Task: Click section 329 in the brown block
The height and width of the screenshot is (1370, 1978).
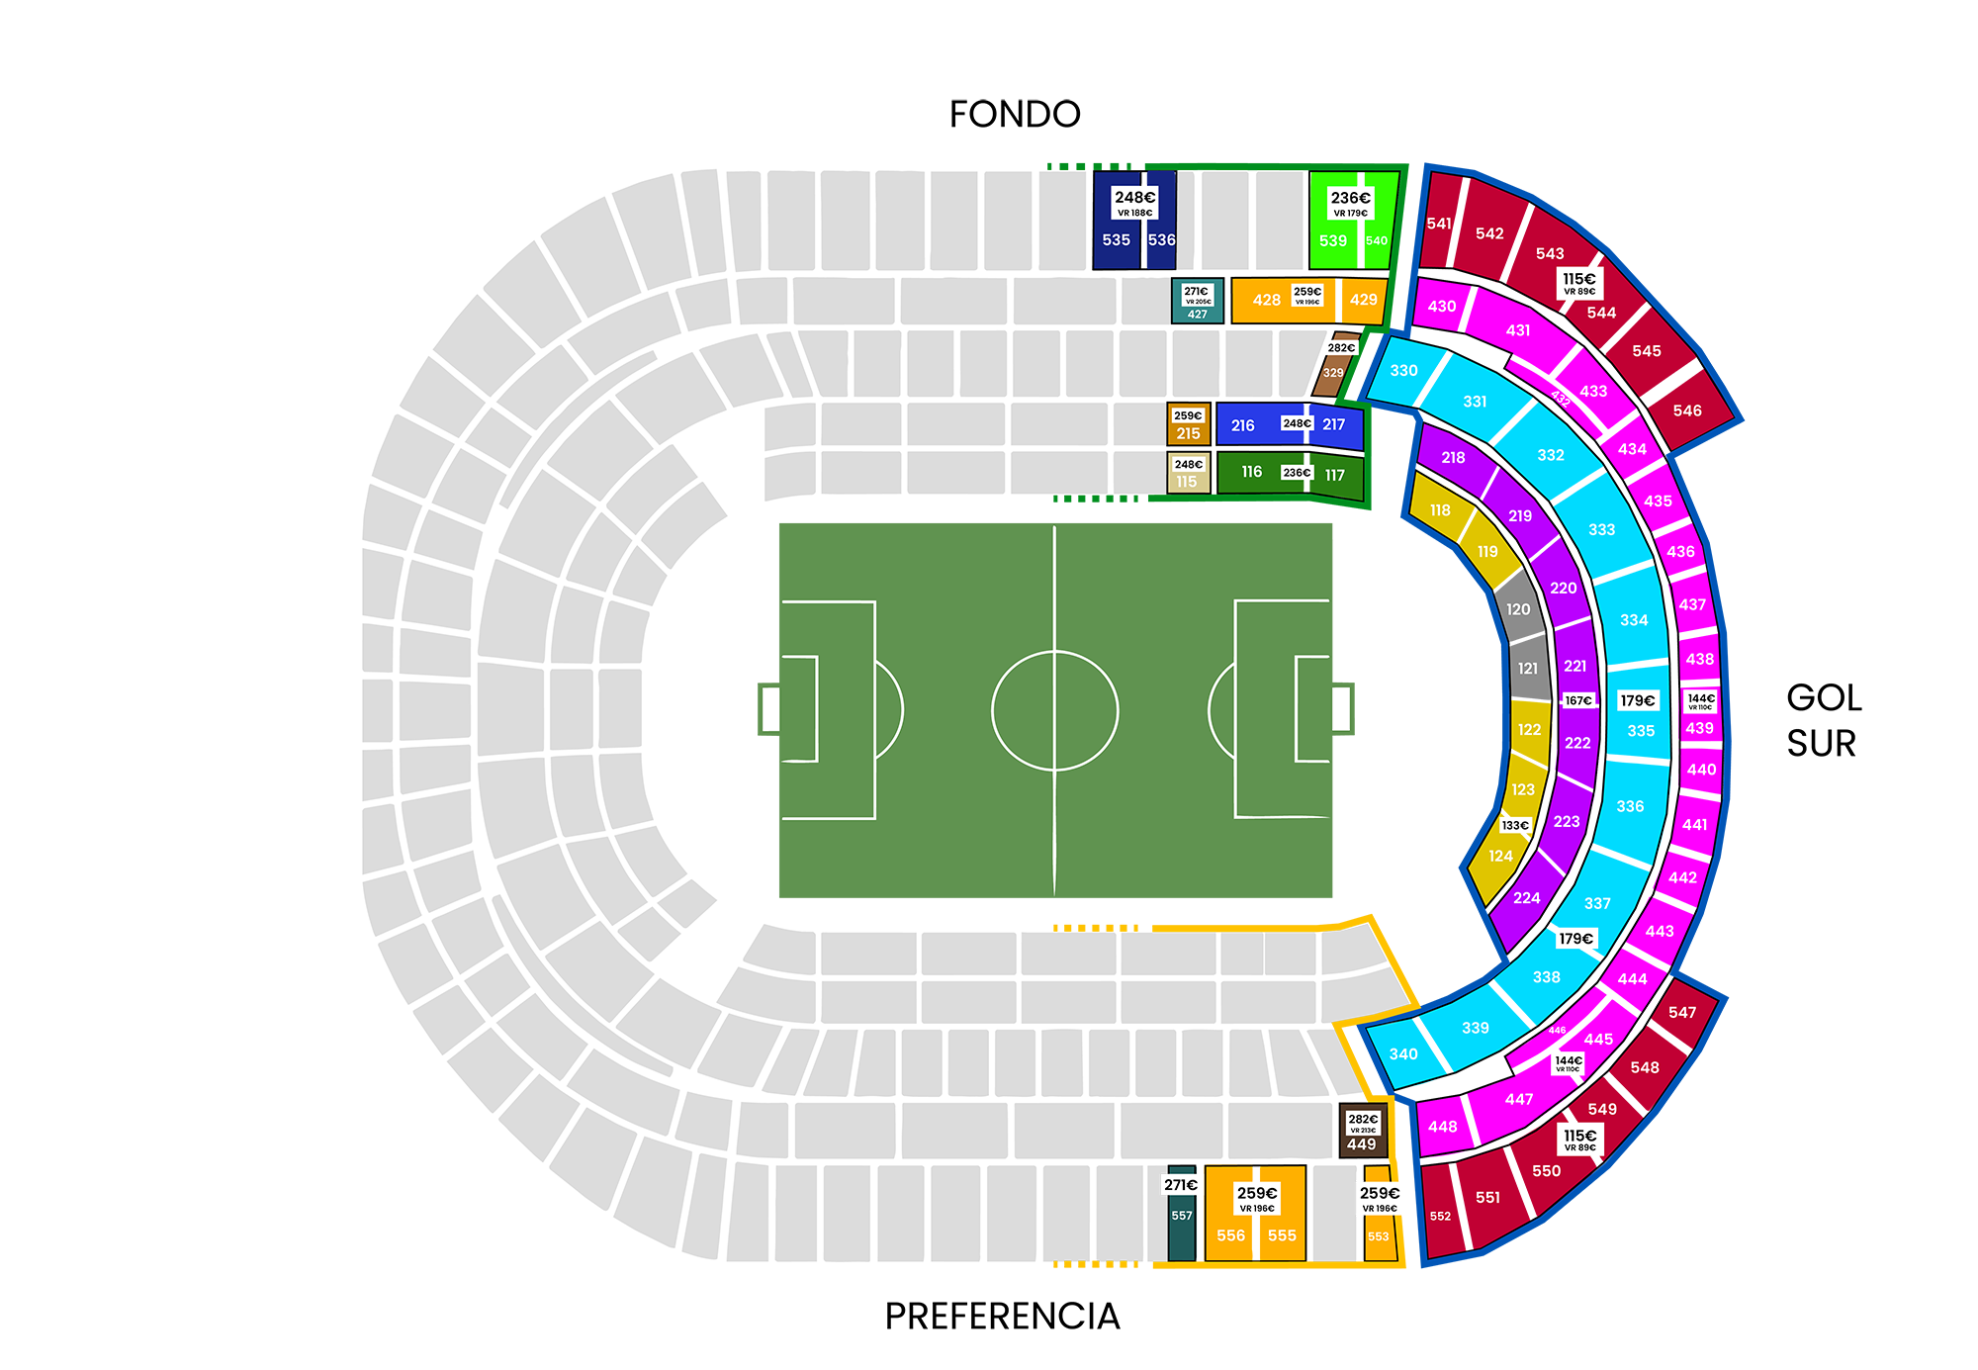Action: (1333, 373)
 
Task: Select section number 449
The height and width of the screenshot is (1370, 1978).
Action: (1361, 1144)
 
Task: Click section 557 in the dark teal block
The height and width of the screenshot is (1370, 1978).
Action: (1182, 1216)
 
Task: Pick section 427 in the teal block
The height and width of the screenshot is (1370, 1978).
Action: (1198, 314)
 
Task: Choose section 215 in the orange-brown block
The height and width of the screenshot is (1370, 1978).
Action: (1188, 433)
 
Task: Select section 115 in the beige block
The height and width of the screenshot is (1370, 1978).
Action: (1187, 482)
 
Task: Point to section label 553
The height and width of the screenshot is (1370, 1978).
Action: (1378, 1236)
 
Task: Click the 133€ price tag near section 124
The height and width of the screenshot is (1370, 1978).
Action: (1515, 825)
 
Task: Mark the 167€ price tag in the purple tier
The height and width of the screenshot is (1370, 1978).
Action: (1578, 700)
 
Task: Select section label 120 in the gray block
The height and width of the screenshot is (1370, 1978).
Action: (1518, 609)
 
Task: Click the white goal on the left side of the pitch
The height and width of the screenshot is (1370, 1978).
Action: (771, 709)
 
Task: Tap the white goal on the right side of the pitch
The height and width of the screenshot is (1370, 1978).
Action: (1340, 709)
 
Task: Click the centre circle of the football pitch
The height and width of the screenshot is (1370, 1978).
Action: (1055, 710)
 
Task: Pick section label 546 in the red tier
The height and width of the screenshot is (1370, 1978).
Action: (1687, 411)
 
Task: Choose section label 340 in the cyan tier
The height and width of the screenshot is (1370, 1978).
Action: (1403, 1053)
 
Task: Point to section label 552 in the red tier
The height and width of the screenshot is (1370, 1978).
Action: (1440, 1216)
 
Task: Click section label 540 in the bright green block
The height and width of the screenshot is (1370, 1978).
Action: (1377, 240)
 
